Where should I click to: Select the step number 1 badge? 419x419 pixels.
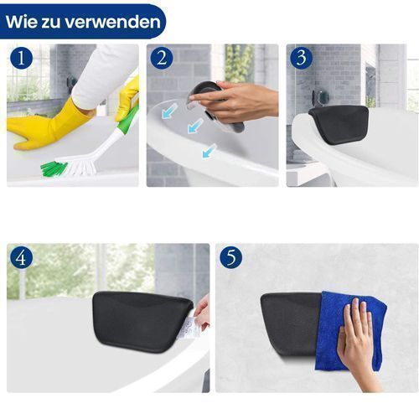click(22, 58)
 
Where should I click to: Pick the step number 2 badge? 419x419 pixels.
click(162, 58)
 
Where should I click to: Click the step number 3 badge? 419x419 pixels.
click(301, 58)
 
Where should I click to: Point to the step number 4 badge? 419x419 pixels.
click(22, 258)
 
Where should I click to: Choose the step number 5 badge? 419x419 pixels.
click(231, 258)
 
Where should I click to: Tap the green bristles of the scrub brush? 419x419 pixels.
click(54, 169)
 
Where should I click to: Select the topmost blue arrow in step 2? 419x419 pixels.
click(169, 110)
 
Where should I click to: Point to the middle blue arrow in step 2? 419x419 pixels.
click(195, 125)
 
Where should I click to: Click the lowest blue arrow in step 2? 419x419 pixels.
click(209, 151)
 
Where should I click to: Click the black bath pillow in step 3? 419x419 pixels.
click(339, 123)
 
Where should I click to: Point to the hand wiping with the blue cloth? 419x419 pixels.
click(356, 344)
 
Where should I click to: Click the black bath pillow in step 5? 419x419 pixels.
click(291, 324)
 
